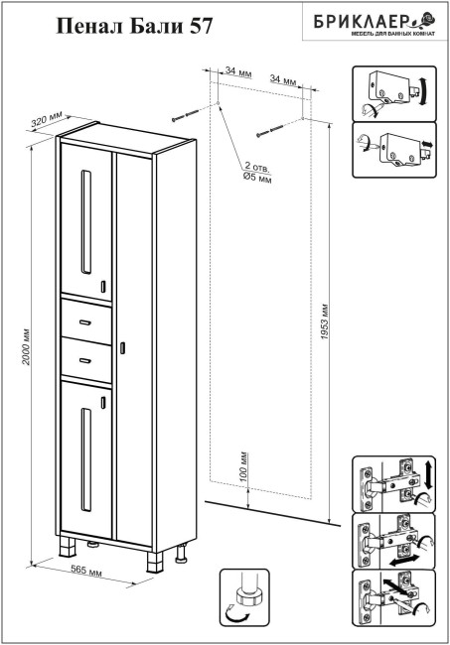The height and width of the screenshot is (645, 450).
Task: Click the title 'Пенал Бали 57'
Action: [x=134, y=26]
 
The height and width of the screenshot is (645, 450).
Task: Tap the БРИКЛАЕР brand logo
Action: [x=375, y=23]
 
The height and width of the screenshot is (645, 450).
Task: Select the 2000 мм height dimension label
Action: [x=26, y=346]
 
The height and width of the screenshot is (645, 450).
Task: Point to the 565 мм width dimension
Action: [x=86, y=571]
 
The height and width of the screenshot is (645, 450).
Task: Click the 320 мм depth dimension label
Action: [x=47, y=119]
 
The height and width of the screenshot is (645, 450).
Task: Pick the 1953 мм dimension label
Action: [x=325, y=322]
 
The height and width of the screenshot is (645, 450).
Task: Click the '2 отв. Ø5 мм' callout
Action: [x=257, y=172]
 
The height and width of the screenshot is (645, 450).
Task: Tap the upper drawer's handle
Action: [x=85, y=322]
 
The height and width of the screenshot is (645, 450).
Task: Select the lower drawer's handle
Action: [x=85, y=361]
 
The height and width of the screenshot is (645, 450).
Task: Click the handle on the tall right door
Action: [x=122, y=347]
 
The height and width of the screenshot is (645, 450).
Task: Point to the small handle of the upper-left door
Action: [x=103, y=287]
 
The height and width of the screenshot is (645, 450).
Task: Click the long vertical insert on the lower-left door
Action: [x=86, y=459]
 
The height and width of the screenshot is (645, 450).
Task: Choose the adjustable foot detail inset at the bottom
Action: [x=244, y=603]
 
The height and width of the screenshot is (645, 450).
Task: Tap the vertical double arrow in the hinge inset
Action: [x=428, y=475]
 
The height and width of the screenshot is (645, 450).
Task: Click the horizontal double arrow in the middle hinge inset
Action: [x=404, y=560]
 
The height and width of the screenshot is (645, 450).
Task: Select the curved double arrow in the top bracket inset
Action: [x=423, y=91]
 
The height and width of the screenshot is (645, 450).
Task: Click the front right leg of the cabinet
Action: [x=154, y=562]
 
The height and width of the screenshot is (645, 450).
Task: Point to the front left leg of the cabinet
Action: [x=68, y=546]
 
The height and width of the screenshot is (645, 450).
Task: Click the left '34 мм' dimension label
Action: [x=238, y=71]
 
